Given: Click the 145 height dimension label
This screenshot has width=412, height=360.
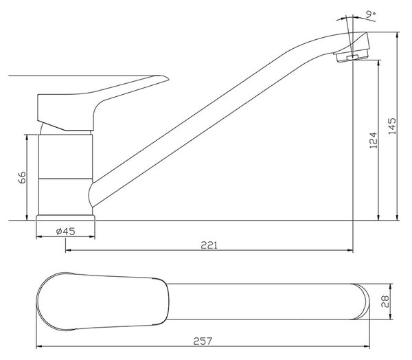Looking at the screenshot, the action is coord(392,126).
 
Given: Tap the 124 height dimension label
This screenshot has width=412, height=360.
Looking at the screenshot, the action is coord(373,140).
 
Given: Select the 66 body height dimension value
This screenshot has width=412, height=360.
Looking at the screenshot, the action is coord(22,177).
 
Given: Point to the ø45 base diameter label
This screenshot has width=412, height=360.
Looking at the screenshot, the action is coord(65,232).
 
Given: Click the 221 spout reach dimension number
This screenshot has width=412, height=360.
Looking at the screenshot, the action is coord(209,245).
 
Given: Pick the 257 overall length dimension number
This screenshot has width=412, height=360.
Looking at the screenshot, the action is coord(203,341).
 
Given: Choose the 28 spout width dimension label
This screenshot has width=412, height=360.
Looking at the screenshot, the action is coord(385,302).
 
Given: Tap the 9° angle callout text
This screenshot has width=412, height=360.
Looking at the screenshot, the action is coord(371,14).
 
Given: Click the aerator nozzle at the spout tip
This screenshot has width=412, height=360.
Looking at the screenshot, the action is coord(352,56).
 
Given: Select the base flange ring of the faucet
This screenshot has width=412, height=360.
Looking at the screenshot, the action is coord(65,218).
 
